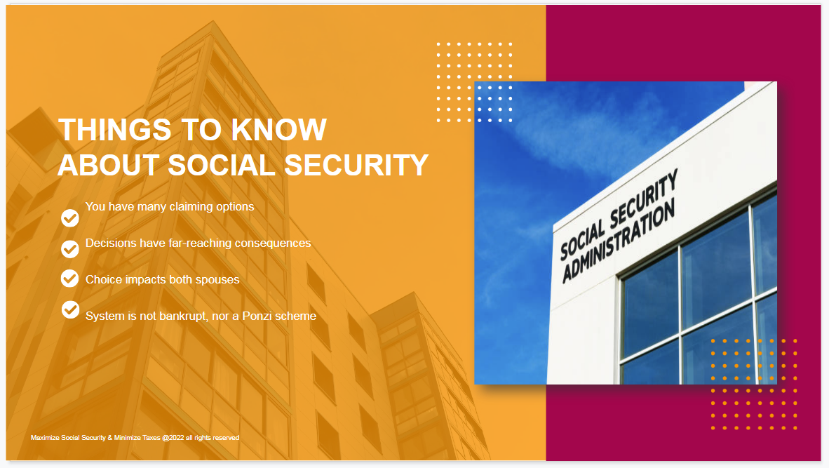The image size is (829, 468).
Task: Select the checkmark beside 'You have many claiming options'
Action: coord(70,218)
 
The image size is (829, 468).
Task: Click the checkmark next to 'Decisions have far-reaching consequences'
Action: coord(70,248)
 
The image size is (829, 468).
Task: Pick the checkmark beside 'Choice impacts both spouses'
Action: coord(70,279)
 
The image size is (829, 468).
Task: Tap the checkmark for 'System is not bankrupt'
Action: coord(70,309)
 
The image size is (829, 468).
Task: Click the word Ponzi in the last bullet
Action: coord(259,316)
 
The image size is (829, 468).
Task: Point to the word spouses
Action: coord(216,279)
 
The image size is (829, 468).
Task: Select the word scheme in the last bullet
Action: coord(297,316)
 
